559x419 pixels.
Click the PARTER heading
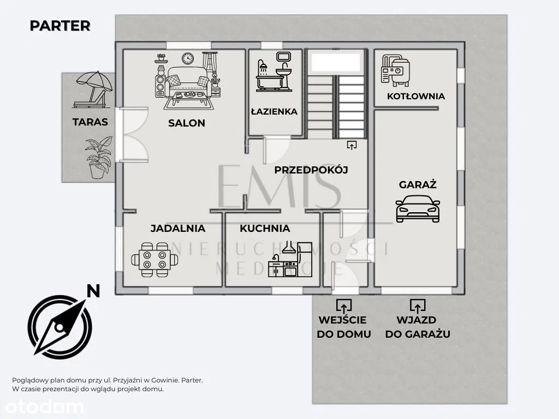tap(60, 26)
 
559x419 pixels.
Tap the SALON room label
tap(187, 123)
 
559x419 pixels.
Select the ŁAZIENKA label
tap(274, 111)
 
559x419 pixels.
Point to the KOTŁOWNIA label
tap(415, 96)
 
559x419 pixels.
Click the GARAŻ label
tap(418, 184)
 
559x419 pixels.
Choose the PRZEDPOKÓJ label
tap(311, 170)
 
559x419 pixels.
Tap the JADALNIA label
tap(177, 229)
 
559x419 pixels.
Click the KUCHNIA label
tap(265, 229)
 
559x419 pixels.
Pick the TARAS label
tap(90, 122)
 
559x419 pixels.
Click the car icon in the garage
tap(418, 209)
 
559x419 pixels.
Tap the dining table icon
tap(154, 260)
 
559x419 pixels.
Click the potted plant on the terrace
tap(99, 158)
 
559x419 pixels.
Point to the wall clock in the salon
tap(188, 58)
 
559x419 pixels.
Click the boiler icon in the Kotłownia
tap(395, 70)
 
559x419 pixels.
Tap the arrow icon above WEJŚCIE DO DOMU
tap(344, 306)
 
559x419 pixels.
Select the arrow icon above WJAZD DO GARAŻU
tap(418, 306)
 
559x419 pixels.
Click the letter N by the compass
tap(93, 291)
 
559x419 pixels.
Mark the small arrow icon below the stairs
tap(352, 145)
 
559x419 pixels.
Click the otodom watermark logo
tap(44, 407)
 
